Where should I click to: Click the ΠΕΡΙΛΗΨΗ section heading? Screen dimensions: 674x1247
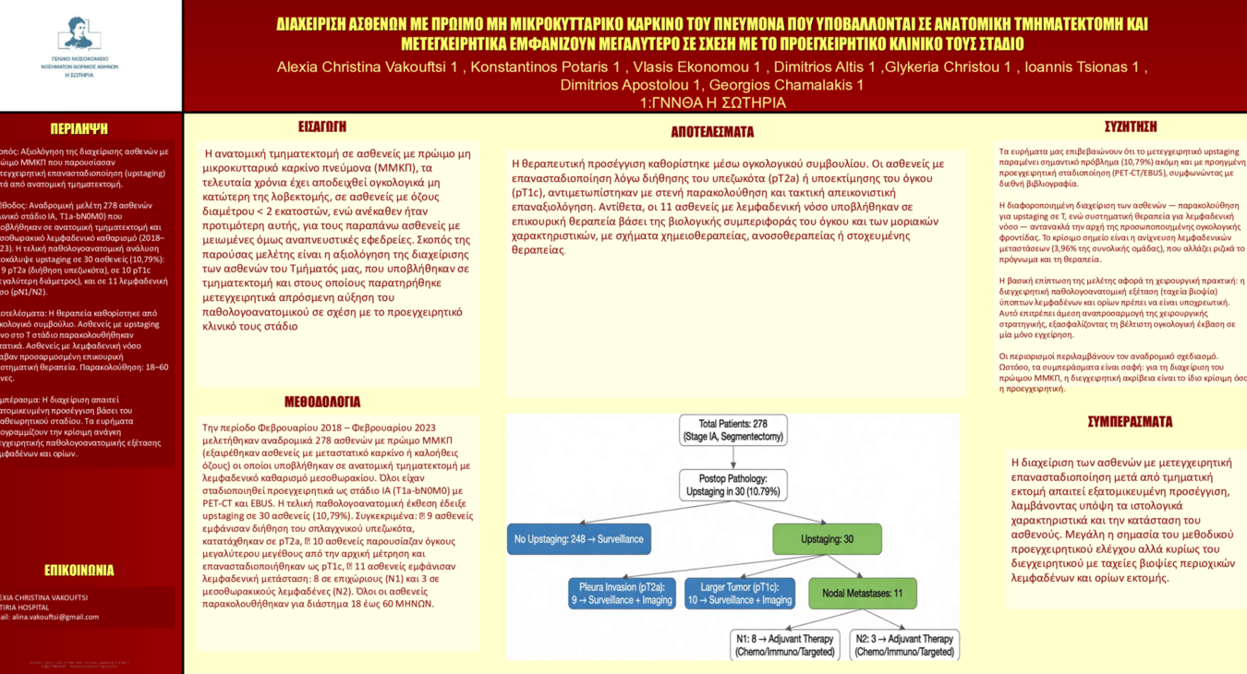click(79, 129)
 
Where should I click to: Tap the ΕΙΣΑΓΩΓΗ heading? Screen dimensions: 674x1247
click(322, 126)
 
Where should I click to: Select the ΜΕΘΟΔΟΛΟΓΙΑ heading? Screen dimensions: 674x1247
click(322, 402)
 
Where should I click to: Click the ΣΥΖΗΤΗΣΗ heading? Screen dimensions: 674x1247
click(1130, 126)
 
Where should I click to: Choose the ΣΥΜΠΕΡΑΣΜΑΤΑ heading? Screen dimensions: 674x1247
click(1130, 422)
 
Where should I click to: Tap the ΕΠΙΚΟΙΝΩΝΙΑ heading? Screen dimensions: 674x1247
click(79, 570)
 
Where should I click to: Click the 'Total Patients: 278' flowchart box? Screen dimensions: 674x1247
click(733, 430)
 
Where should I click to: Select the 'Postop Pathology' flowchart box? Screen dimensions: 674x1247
click(733, 486)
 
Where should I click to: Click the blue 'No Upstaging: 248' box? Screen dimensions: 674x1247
click(579, 539)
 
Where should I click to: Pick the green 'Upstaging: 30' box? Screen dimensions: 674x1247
click(827, 539)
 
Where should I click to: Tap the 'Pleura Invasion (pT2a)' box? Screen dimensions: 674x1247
click(622, 593)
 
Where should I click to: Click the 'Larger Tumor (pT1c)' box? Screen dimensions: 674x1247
click(740, 593)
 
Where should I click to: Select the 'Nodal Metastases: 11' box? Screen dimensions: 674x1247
click(862, 594)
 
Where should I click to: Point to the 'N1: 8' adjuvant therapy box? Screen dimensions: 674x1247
click(785, 644)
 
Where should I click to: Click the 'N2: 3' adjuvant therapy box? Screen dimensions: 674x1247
click(904, 644)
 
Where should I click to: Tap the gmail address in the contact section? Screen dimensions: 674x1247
click(55, 617)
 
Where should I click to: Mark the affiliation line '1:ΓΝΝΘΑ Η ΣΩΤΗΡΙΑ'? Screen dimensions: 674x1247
click(712, 102)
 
